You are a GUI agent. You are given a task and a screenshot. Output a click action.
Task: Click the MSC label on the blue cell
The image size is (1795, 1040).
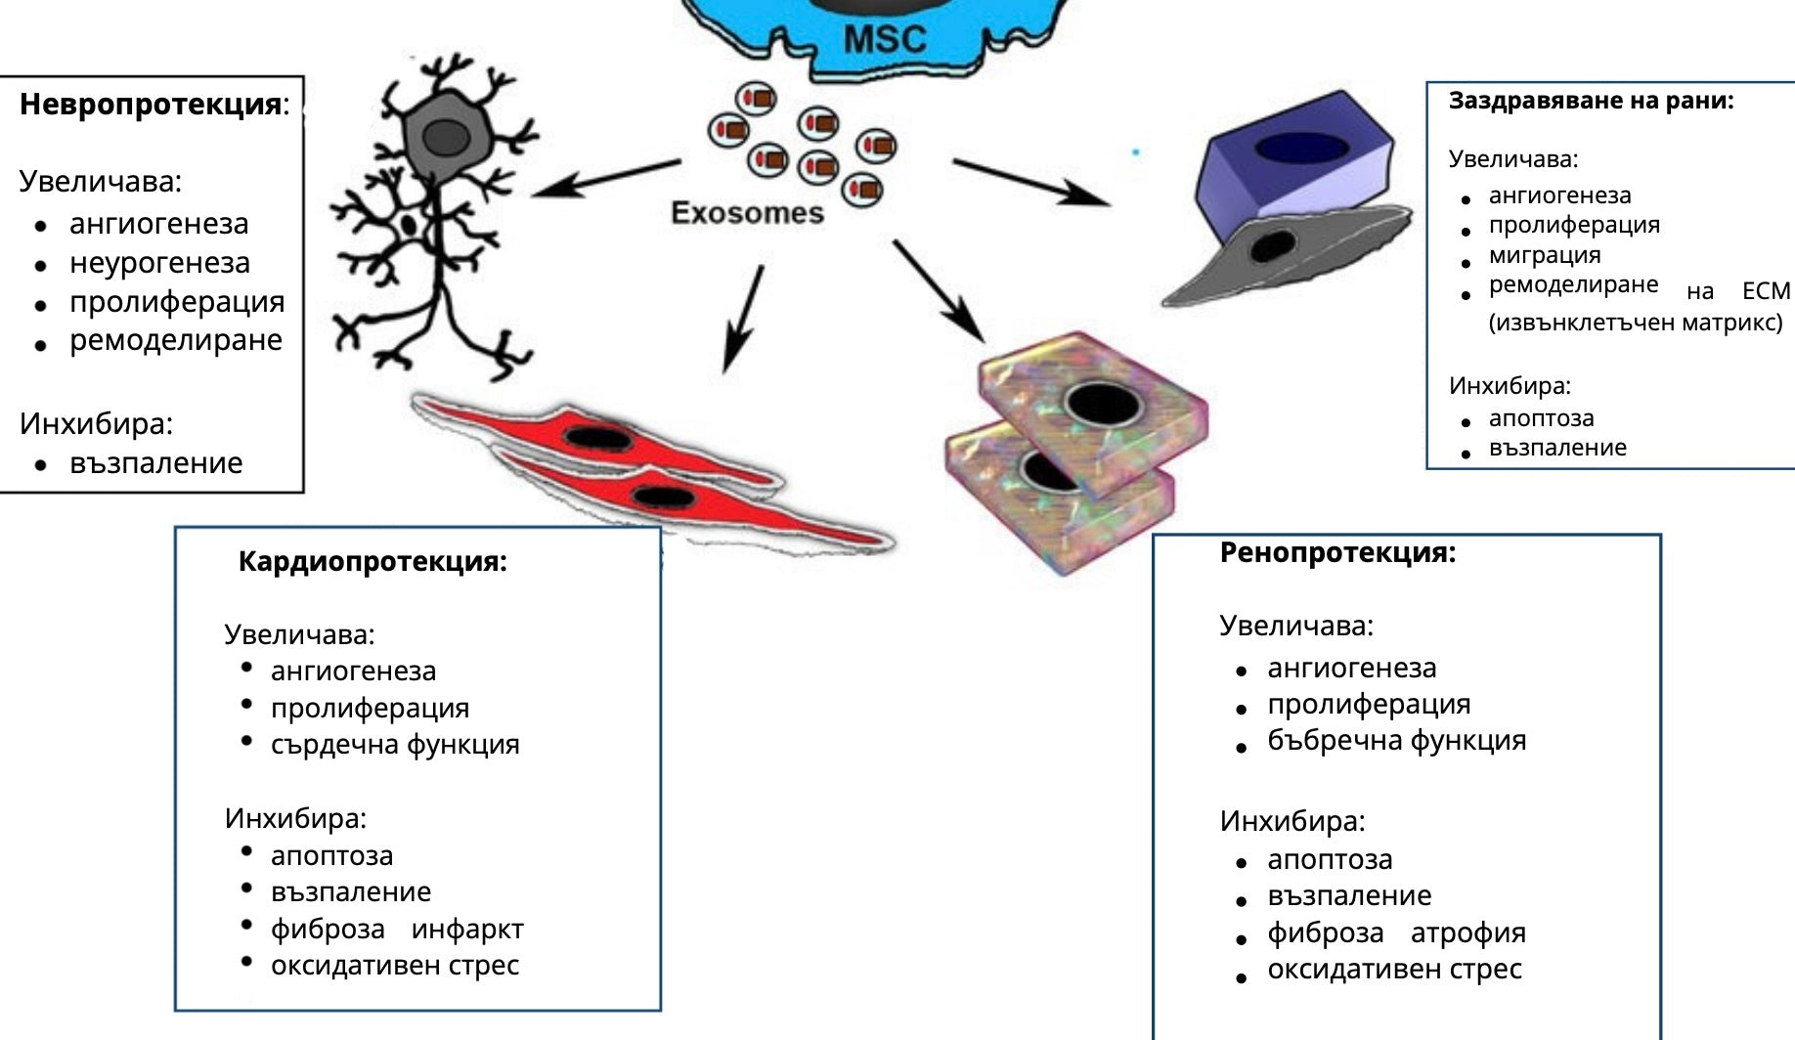pyautogui.click(x=885, y=39)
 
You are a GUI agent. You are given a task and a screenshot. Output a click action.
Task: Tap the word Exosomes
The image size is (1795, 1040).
pyautogui.click(x=747, y=213)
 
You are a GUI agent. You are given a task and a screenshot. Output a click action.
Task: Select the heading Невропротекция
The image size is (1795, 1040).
pyautogui.click(x=152, y=105)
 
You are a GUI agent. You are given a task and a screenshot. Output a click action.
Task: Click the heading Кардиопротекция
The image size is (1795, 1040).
pyautogui.click(x=372, y=561)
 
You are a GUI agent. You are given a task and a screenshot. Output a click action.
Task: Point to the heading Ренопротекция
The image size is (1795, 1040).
pyautogui.click(x=1337, y=552)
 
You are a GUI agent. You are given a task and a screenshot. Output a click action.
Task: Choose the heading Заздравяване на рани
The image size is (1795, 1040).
pyautogui.click(x=1591, y=101)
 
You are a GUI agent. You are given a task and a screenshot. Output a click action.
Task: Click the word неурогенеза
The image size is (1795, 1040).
pyautogui.click(x=159, y=263)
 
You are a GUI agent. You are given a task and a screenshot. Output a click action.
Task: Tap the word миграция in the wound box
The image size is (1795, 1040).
pyautogui.click(x=1545, y=255)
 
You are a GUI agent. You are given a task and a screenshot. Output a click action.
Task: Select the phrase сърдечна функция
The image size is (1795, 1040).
pyautogui.click(x=395, y=745)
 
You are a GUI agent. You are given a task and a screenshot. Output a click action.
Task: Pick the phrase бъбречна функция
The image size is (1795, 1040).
pyautogui.click(x=1396, y=741)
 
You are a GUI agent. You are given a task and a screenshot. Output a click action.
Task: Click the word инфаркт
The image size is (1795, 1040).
pyautogui.click(x=467, y=929)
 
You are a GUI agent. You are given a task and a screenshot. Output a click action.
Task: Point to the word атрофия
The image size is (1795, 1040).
pyautogui.click(x=1467, y=932)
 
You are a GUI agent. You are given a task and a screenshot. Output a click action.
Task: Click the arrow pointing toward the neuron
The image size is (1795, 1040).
pyautogui.click(x=606, y=178)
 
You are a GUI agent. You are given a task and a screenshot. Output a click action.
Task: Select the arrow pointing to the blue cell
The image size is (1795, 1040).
pyautogui.click(x=1031, y=183)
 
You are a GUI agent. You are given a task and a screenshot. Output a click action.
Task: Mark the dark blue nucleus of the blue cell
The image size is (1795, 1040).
pyautogui.click(x=1300, y=148)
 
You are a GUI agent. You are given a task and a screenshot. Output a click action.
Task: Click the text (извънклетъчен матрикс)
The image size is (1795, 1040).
pyautogui.click(x=1635, y=323)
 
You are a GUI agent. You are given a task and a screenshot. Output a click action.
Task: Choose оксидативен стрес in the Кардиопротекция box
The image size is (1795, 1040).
pyautogui.click(x=394, y=966)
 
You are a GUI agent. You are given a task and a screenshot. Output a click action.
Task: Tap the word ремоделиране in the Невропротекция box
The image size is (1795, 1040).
pyautogui.click(x=175, y=340)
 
